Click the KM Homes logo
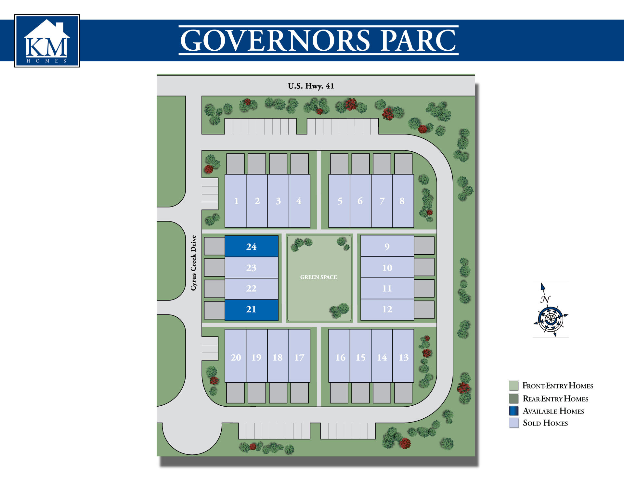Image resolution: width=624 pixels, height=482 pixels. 47,41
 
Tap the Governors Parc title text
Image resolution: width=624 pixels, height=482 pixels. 318,40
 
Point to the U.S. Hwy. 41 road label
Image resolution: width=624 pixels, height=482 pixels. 311,86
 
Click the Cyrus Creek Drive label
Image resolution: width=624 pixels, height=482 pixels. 194,263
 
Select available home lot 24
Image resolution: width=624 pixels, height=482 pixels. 251,247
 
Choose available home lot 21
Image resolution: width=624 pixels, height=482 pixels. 251,310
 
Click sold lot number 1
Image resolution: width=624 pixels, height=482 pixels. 236,201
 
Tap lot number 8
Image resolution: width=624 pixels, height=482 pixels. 402,201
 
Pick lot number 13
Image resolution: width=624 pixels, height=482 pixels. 403,357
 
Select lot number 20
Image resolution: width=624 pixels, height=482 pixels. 236,357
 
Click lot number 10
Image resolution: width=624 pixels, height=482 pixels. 387,268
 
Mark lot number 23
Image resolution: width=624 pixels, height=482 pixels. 251,268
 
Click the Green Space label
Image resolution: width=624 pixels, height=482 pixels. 318,277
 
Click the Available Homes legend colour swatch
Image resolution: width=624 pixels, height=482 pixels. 514,411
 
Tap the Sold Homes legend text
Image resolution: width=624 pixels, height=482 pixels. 545,423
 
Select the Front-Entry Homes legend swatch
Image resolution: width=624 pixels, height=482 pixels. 514,386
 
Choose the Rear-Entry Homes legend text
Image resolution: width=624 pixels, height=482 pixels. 555,399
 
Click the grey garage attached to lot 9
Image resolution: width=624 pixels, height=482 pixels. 424,246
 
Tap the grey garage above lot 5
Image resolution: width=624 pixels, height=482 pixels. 339,164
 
